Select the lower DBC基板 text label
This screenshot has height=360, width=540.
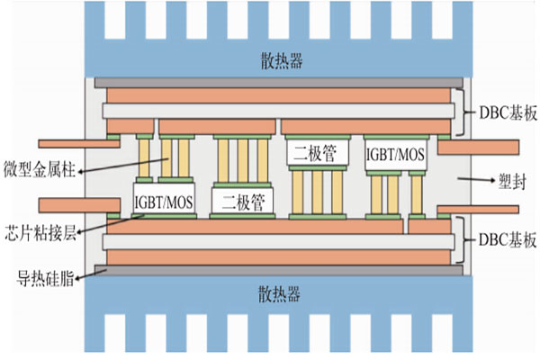click(502, 241)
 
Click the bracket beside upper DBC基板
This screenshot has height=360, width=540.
click(461, 112)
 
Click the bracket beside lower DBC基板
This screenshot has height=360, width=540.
click(461, 241)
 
